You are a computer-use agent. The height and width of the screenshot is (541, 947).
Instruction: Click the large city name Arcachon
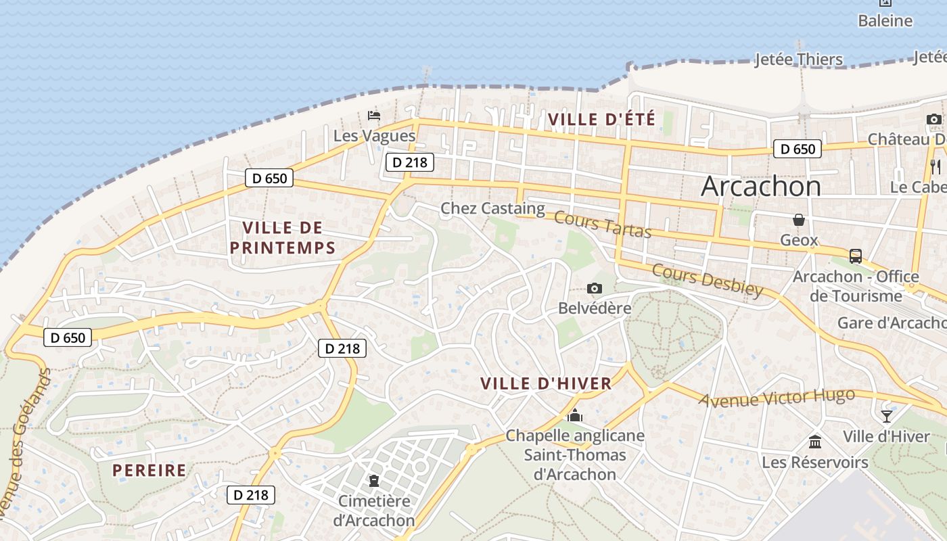(x=761, y=186)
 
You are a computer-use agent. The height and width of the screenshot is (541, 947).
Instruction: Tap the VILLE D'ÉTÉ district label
(x=601, y=120)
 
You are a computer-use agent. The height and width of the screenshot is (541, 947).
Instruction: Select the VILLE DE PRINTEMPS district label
(x=283, y=237)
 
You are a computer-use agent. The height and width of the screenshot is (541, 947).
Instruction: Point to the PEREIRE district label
(x=149, y=470)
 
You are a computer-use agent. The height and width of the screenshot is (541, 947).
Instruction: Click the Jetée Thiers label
(x=799, y=60)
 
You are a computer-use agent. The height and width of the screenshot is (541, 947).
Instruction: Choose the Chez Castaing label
(x=492, y=208)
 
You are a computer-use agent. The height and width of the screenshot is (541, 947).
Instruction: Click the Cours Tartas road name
(x=602, y=225)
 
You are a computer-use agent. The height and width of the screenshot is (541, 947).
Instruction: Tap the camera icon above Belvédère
(x=595, y=289)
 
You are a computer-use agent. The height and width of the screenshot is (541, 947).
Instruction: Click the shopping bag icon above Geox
(x=799, y=220)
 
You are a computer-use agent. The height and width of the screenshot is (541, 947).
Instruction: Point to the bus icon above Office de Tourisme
(x=856, y=256)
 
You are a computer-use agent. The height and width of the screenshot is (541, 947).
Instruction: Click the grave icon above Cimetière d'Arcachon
(x=373, y=481)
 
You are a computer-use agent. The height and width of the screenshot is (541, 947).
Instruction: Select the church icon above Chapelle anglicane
(x=575, y=415)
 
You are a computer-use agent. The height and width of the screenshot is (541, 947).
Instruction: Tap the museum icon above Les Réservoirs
(x=815, y=442)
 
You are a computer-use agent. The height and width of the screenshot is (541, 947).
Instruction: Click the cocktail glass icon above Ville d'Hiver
(x=886, y=416)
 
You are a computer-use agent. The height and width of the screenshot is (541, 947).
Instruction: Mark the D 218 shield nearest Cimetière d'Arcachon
(x=251, y=495)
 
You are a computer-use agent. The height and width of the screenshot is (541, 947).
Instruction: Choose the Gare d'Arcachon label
(x=892, y=323)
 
